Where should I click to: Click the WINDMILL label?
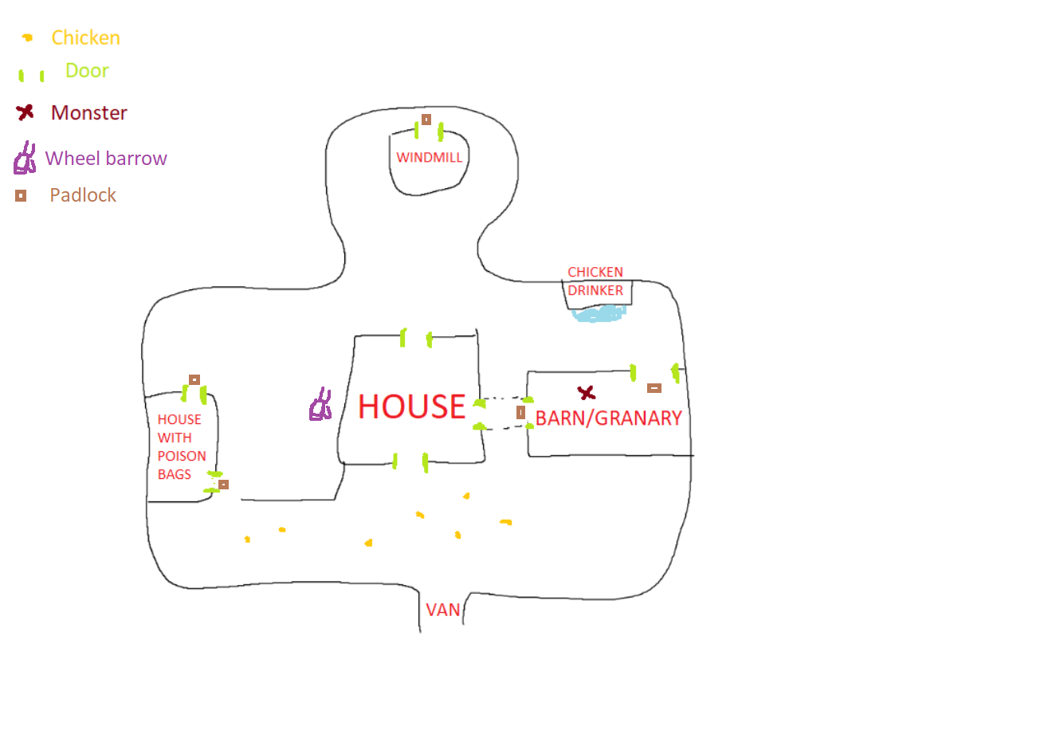[429, 158]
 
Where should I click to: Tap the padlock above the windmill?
[426, 120]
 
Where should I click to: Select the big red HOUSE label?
[411, 406]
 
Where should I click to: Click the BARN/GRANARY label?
[608, 418]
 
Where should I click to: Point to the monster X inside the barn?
[587, 393]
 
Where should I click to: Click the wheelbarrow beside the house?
[320, 405]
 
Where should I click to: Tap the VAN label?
[443, 610]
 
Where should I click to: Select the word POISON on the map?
[182, 456]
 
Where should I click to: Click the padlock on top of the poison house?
[194, 379]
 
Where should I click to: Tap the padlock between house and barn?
[520, 412]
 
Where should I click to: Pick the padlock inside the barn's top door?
[654, 388]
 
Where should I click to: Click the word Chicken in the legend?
[85, 37]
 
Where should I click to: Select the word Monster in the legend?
[88, 113]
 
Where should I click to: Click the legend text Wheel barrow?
[106, 159]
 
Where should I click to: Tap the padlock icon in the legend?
[21, 195]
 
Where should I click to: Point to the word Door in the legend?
[87, 71]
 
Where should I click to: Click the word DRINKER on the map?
[595, 291]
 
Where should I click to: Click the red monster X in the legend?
[26, 112]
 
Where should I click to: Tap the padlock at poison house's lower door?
[223, 485]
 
